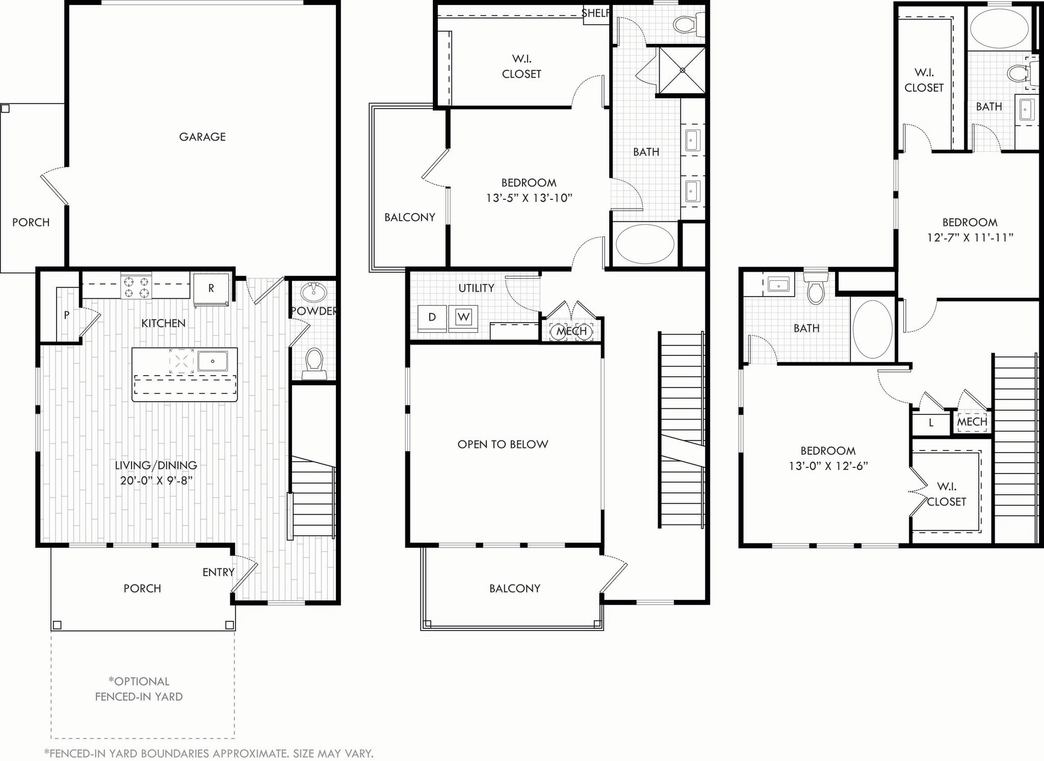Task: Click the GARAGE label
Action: click(x=202, y=137)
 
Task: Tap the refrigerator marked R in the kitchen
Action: click(x=211, y=288)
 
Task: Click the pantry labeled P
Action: click(x=66, y=316)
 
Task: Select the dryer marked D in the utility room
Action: click(x=432, y=317)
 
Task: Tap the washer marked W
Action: click(x=463, y=317)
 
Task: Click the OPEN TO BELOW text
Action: click(x=503, y=444)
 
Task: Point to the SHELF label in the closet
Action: click(x=595, y=13)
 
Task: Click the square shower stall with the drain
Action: click(x=682, y=71)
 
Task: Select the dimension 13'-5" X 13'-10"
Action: click(x=529, y=198)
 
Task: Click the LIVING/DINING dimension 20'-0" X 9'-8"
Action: click(x=156, y=480)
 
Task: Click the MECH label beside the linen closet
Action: click(x=972, y=422)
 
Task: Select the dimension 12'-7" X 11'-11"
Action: click(x=970, y=238)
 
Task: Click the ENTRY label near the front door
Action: click(x=218, y=572)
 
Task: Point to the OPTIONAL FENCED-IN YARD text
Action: click(x=139, y=689)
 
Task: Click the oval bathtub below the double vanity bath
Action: click(x=645, y=244)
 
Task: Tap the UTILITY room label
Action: click(x=476, y=288)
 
